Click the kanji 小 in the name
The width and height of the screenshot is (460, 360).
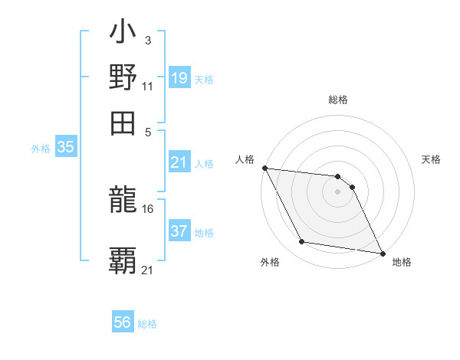tap(123, 34)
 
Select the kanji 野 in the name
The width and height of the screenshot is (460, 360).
tap(123, 77)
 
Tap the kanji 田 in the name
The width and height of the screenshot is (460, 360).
tap(123, 122)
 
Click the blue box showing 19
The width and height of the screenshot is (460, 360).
tap(179, 77)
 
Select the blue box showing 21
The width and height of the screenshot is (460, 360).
tap(179, 162)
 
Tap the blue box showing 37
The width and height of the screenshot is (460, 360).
tap(179, 231)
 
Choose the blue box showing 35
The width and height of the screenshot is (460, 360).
tap(65, 148)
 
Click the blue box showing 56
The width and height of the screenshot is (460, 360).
tap(123, 322)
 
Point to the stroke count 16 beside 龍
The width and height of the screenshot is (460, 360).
tap(148, 208)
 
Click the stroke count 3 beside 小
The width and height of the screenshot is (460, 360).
tap(147, 40)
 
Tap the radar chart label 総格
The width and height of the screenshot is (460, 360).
tap(338, 100)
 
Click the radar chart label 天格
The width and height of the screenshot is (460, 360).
tap(432, 159)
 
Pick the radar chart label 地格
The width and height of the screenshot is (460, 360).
tap(402, 262)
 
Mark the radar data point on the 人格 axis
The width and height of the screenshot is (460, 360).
tap(264, 168)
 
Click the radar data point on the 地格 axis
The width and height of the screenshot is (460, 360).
tap(382, 253)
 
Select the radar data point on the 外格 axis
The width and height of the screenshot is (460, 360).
tap(302, 242)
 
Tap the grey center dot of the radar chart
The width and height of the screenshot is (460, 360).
tap(338, 191)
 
